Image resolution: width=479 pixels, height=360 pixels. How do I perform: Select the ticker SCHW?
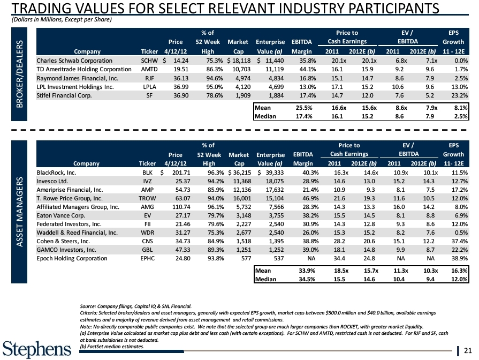tap(148, 61)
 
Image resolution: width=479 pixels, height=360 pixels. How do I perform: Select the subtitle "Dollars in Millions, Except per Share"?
tap(62, 19)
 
